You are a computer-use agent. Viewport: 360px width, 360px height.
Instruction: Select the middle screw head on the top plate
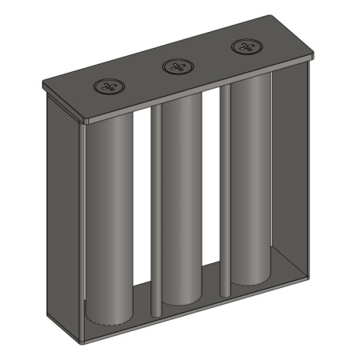pyautogui.click(x=176, y=66)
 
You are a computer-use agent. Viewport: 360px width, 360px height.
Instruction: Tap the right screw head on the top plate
pyautogui.click(x=245, y=47)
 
